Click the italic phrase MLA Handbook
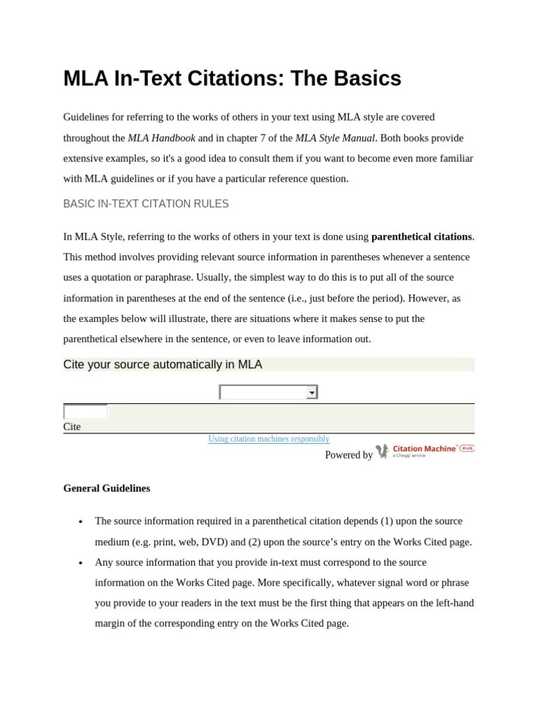point(161,138)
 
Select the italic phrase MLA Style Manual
point(335,138)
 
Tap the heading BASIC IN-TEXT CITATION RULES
point(146,204)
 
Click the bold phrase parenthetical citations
point(422,236)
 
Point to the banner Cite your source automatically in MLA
point(163,365)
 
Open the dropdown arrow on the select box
point(312,393)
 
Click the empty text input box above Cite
point(85,412)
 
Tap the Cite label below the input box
point(72,426)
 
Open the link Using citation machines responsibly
point(268,439)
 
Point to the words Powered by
point(349,455)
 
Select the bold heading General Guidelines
point(106,488)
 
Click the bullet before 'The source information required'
point(81,522)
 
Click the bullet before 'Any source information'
point(81,563)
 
